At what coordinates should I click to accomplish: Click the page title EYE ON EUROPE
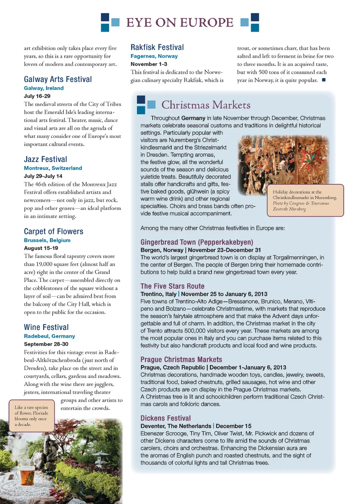pos(180,22)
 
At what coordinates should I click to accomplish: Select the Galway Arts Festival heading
pos(58,79)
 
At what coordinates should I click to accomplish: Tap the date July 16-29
pos(37,96)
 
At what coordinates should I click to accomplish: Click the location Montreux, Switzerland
pos(53,168)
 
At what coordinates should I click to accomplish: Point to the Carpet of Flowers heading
pos(54,231)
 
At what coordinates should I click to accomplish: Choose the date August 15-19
pos(41,248)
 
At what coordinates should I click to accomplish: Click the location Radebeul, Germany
pos(49,336)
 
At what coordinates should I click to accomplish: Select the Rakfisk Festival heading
pos(157,47)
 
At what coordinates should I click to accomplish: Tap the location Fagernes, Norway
pos(154,56)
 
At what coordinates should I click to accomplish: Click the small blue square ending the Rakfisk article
pos(324,80)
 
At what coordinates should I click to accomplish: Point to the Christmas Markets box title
pos(206,105)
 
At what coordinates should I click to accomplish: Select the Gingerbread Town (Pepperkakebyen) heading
pos(197,242)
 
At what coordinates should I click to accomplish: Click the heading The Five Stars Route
pos(172,286)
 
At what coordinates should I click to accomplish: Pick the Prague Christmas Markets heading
pos(181,360)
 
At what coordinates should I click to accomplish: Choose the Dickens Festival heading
pos(165,418)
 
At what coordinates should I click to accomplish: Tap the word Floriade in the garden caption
pos(40,413)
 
